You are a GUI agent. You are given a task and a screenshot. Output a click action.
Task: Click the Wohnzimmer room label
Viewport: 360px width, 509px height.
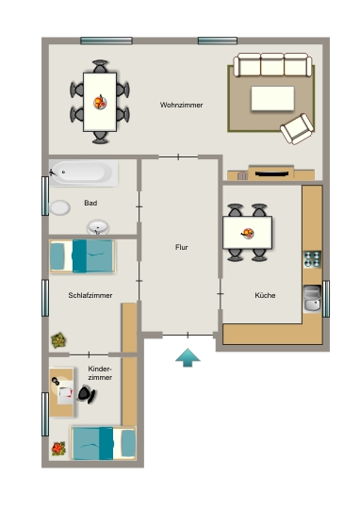(181, 105)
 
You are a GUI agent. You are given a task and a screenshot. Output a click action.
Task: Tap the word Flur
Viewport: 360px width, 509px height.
(182, 247)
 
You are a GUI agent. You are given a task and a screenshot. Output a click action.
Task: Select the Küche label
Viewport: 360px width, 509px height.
(265, 295)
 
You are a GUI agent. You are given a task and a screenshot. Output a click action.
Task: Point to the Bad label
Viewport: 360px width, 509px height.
(90, 203)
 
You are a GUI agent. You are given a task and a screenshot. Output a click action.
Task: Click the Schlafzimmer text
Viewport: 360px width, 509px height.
(90, 295)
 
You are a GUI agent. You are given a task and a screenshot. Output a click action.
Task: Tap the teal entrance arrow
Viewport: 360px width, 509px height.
(188, 357)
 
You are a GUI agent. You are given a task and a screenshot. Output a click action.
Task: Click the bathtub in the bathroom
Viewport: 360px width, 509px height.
(84, 173)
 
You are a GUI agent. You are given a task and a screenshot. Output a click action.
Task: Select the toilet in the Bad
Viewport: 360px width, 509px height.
(59, 207)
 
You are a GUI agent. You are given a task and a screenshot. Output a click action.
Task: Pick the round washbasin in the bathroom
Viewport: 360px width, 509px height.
(98, 227)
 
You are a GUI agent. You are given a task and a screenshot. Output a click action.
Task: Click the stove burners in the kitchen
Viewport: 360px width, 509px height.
(312, 259)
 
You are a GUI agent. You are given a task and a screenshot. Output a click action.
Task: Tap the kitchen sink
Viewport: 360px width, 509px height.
(312, 299)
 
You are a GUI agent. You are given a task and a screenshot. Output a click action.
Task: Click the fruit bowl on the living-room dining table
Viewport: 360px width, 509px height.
(100, 102)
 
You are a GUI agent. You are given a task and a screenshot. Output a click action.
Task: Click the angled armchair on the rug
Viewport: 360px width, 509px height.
(297, 128)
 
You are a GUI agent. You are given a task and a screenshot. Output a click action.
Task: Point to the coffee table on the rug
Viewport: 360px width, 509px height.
(272, 98)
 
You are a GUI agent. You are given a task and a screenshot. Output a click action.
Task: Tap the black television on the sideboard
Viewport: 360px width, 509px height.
(271, 173)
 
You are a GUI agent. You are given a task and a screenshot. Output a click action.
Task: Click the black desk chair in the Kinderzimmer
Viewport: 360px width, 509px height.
(87, 394)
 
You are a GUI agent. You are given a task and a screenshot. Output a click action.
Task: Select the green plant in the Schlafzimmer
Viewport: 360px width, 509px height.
(58, 340)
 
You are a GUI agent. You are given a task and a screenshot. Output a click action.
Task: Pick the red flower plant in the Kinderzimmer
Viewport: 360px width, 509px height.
(58, 449)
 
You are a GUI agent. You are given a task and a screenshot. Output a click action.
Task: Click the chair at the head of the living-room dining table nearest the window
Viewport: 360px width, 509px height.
(100, 66)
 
